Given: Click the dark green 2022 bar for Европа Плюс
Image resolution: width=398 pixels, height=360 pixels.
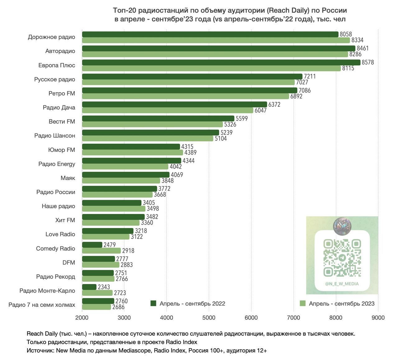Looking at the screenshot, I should [221, 63].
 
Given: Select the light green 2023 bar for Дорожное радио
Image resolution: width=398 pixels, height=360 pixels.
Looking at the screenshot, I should [216, 40].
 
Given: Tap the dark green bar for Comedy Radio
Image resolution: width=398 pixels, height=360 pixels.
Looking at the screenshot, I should [92, 245].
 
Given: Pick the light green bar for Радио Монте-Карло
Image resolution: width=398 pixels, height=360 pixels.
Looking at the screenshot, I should [97, 293].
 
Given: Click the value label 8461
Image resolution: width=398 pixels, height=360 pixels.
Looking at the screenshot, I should [363, 48].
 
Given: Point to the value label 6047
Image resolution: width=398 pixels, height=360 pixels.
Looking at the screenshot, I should [261, 110].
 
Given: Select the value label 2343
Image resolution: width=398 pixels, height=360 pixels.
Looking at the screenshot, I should [104, 287].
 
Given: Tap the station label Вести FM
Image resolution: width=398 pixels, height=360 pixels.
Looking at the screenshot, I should [62, 122].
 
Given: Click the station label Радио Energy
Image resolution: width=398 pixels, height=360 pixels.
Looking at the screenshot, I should [57, 164].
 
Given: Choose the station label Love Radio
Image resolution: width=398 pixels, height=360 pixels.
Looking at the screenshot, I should [60, 234].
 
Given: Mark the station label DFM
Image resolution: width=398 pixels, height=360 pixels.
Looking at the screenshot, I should [69, 263].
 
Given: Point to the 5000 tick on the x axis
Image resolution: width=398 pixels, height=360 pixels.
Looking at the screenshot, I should [209, 318].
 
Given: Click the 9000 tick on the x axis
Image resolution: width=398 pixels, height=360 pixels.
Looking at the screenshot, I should [378, 318].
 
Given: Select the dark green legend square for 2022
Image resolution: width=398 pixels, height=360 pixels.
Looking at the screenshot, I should [153, 303].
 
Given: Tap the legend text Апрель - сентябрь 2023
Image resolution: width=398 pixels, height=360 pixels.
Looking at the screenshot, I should [341, 304].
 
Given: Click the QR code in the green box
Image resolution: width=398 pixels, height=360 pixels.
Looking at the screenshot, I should [342, 258].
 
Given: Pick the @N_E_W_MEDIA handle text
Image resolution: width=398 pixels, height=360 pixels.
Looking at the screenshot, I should [342, 284].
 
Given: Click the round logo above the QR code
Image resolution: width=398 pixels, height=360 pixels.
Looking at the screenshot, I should [342, 226].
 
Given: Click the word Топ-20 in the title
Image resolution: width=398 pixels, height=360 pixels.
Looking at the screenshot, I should [124, 11].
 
